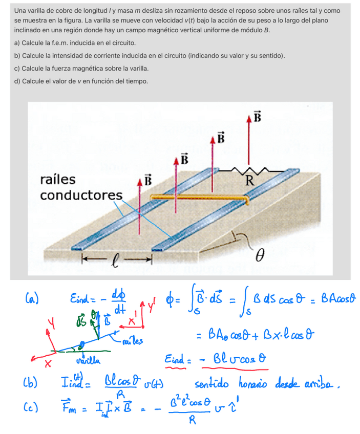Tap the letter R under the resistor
[249, 180]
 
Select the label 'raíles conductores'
[81, 187]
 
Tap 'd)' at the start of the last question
[17, 81]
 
